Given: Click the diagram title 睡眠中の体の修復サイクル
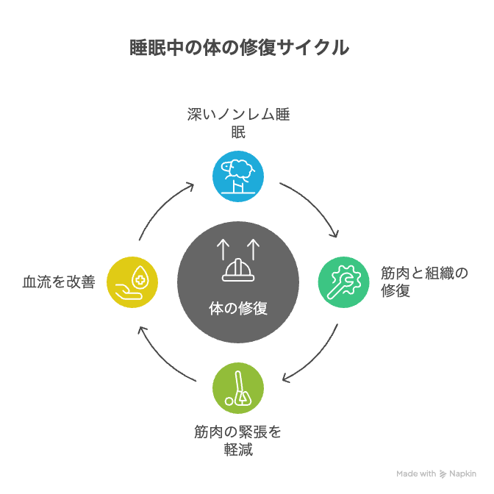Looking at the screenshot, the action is tap(239, 48).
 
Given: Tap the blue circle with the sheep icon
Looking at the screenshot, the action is tap(238, 176).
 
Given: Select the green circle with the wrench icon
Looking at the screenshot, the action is tap(344, 282).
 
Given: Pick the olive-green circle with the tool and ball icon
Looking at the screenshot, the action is tap(238, 388).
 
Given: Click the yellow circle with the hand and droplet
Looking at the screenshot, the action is tap(132, 282).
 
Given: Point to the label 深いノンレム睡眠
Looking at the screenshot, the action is tap(238, 123).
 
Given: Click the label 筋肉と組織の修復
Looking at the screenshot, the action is tap(424, 282).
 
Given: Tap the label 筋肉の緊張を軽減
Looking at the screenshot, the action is tap(238, 440).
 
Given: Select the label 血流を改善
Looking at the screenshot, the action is tap(59, 282).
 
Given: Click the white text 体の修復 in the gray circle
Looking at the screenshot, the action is tap(238, 308).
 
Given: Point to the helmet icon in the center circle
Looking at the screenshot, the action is tap(238, 270).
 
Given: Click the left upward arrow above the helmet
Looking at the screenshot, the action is tap(223, 249).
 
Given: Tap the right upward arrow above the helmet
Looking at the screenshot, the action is tap(254, 249).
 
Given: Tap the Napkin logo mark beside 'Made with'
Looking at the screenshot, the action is tap(443, 474).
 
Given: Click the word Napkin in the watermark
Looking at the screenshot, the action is tap(462, 474).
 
